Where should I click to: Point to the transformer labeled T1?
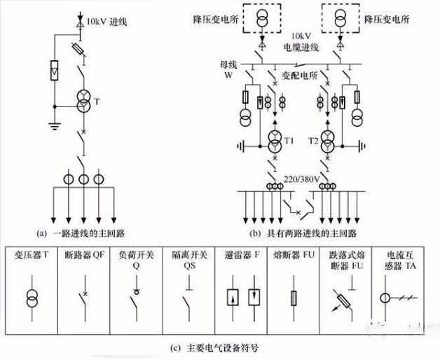276,141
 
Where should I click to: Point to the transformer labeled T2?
326,141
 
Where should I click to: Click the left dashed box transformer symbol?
261,17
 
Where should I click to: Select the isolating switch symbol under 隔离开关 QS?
188,298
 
